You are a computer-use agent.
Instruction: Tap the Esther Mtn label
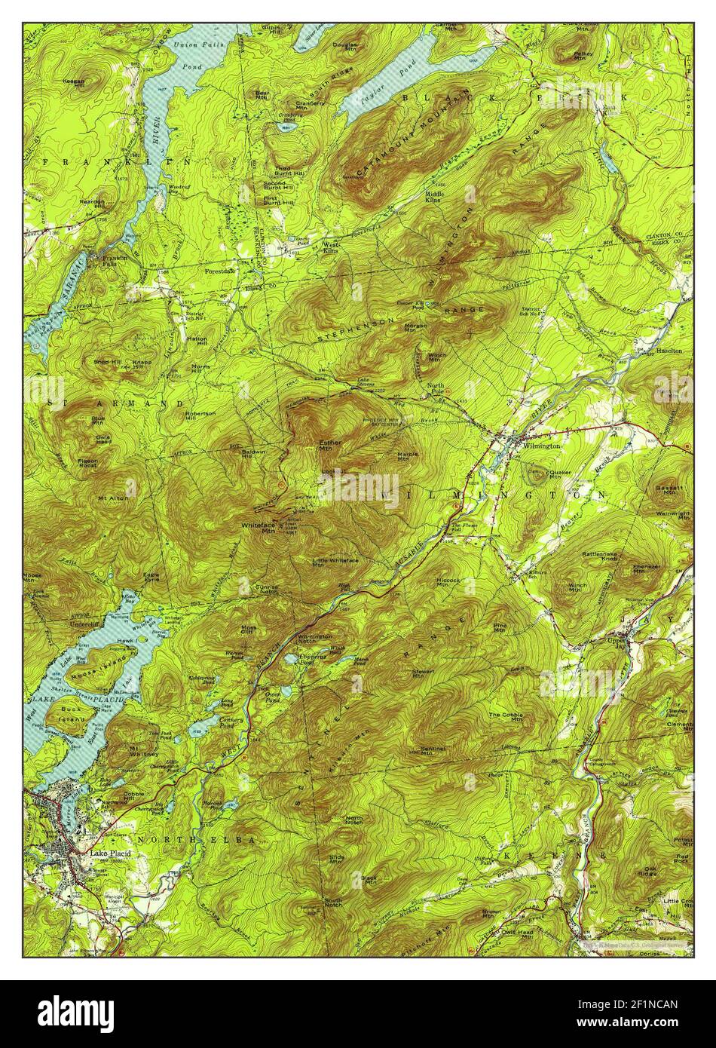[330, 446]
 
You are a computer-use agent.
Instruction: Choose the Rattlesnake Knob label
[600, 558]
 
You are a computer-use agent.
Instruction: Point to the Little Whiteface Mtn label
[335, 563]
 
